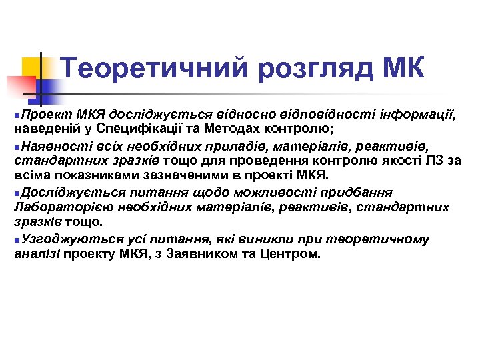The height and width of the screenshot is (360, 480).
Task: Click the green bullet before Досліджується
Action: (17, 193)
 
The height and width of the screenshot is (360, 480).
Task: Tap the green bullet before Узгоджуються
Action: (17, 239)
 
